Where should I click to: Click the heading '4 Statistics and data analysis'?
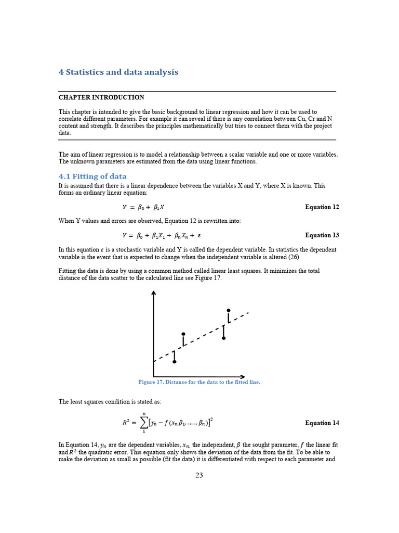click(118, 72)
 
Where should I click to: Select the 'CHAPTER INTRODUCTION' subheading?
click(101, 97)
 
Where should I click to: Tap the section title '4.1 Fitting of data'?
click(92, 176)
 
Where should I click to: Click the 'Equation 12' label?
click(322, 207)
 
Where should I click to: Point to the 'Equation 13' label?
click(322, 235)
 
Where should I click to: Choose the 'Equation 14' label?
click(322, 423)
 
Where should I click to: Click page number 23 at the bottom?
click(199, 475)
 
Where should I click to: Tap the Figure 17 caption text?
click(199, 382)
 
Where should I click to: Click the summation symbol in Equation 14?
click(143, 423)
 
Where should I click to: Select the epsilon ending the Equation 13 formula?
click(198, 235)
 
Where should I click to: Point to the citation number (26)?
click(295, 257)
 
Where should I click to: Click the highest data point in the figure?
click(228, 310)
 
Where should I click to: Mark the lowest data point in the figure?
click(174, 362)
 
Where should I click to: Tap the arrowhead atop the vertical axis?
click(153, 293)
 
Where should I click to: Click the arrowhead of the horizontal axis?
click(243, 376)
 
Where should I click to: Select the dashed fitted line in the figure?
click(203, 335)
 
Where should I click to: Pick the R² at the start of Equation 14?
click(126, 423)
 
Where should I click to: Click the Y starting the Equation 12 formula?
click(125, 207)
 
